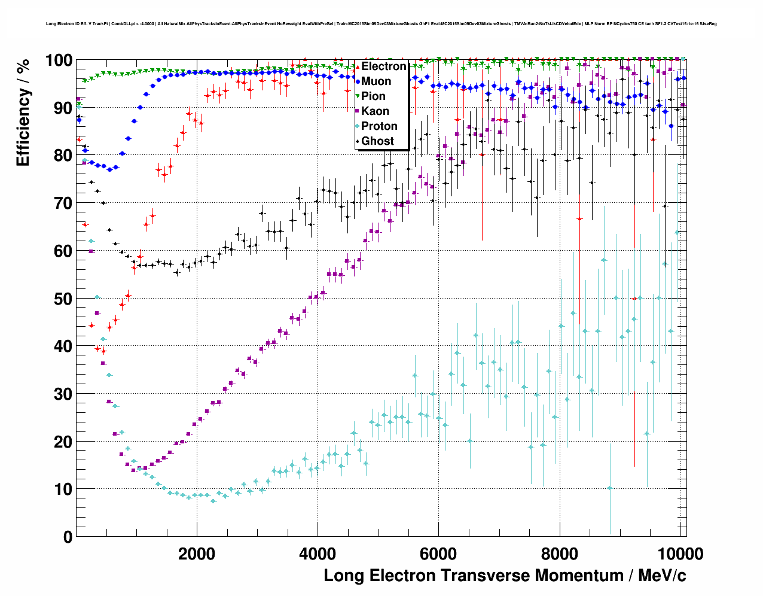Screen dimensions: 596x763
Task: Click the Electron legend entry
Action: [x=383, y=66]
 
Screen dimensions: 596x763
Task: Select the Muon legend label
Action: [x=376, y=81]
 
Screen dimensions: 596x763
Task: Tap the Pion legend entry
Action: [x=373, y=96]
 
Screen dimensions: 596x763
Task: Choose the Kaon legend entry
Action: [x=375, y=111]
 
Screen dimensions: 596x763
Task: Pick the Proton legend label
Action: [x=379, y=126]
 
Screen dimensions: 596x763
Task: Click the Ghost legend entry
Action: [x=377, y=141]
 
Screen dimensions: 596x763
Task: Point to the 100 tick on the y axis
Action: [x=59, y=61]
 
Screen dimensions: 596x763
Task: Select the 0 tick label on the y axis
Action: [x=68, y=537]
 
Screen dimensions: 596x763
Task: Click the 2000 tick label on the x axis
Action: [x=197, y=554]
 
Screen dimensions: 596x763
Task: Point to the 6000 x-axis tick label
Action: [x=438, y=554]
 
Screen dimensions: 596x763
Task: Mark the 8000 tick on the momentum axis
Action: [x=560, y=554]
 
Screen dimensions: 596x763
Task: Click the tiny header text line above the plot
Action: [x=381, y=24]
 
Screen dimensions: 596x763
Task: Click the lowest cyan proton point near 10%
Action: [x=609, y=488]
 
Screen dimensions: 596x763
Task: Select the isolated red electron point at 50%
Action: [x=634, y=298]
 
